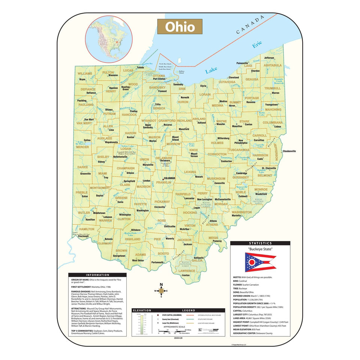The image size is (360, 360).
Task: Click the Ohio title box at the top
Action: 180,27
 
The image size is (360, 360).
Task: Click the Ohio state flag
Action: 260,262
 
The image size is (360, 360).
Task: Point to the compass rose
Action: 161,291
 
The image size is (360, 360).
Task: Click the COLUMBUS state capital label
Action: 169,178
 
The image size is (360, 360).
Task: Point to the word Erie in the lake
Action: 257,45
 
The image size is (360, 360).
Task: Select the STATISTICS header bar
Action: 260,243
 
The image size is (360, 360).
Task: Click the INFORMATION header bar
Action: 97,275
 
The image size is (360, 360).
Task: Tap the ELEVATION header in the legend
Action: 142,310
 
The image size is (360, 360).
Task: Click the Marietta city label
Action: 236,216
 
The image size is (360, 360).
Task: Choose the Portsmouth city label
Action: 157,262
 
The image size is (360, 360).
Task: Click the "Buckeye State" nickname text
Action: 260,249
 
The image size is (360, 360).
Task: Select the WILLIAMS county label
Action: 85,73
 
